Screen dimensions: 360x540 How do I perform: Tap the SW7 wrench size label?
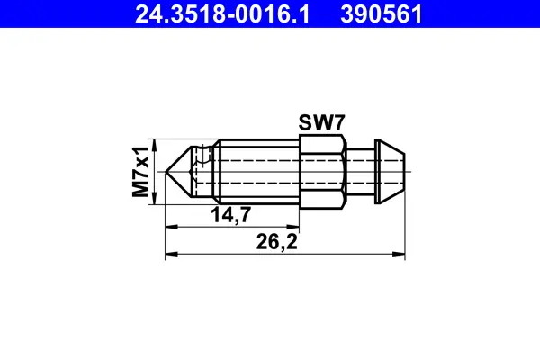(x=319, y=123)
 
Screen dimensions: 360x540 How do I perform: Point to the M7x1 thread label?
(x=139, y=172)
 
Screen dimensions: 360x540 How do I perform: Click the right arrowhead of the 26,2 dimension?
(x=402, y=253)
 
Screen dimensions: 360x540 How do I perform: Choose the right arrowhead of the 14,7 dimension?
(x=293, y=225)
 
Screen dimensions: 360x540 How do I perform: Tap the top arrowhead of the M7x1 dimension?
(x=157, y=144)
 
